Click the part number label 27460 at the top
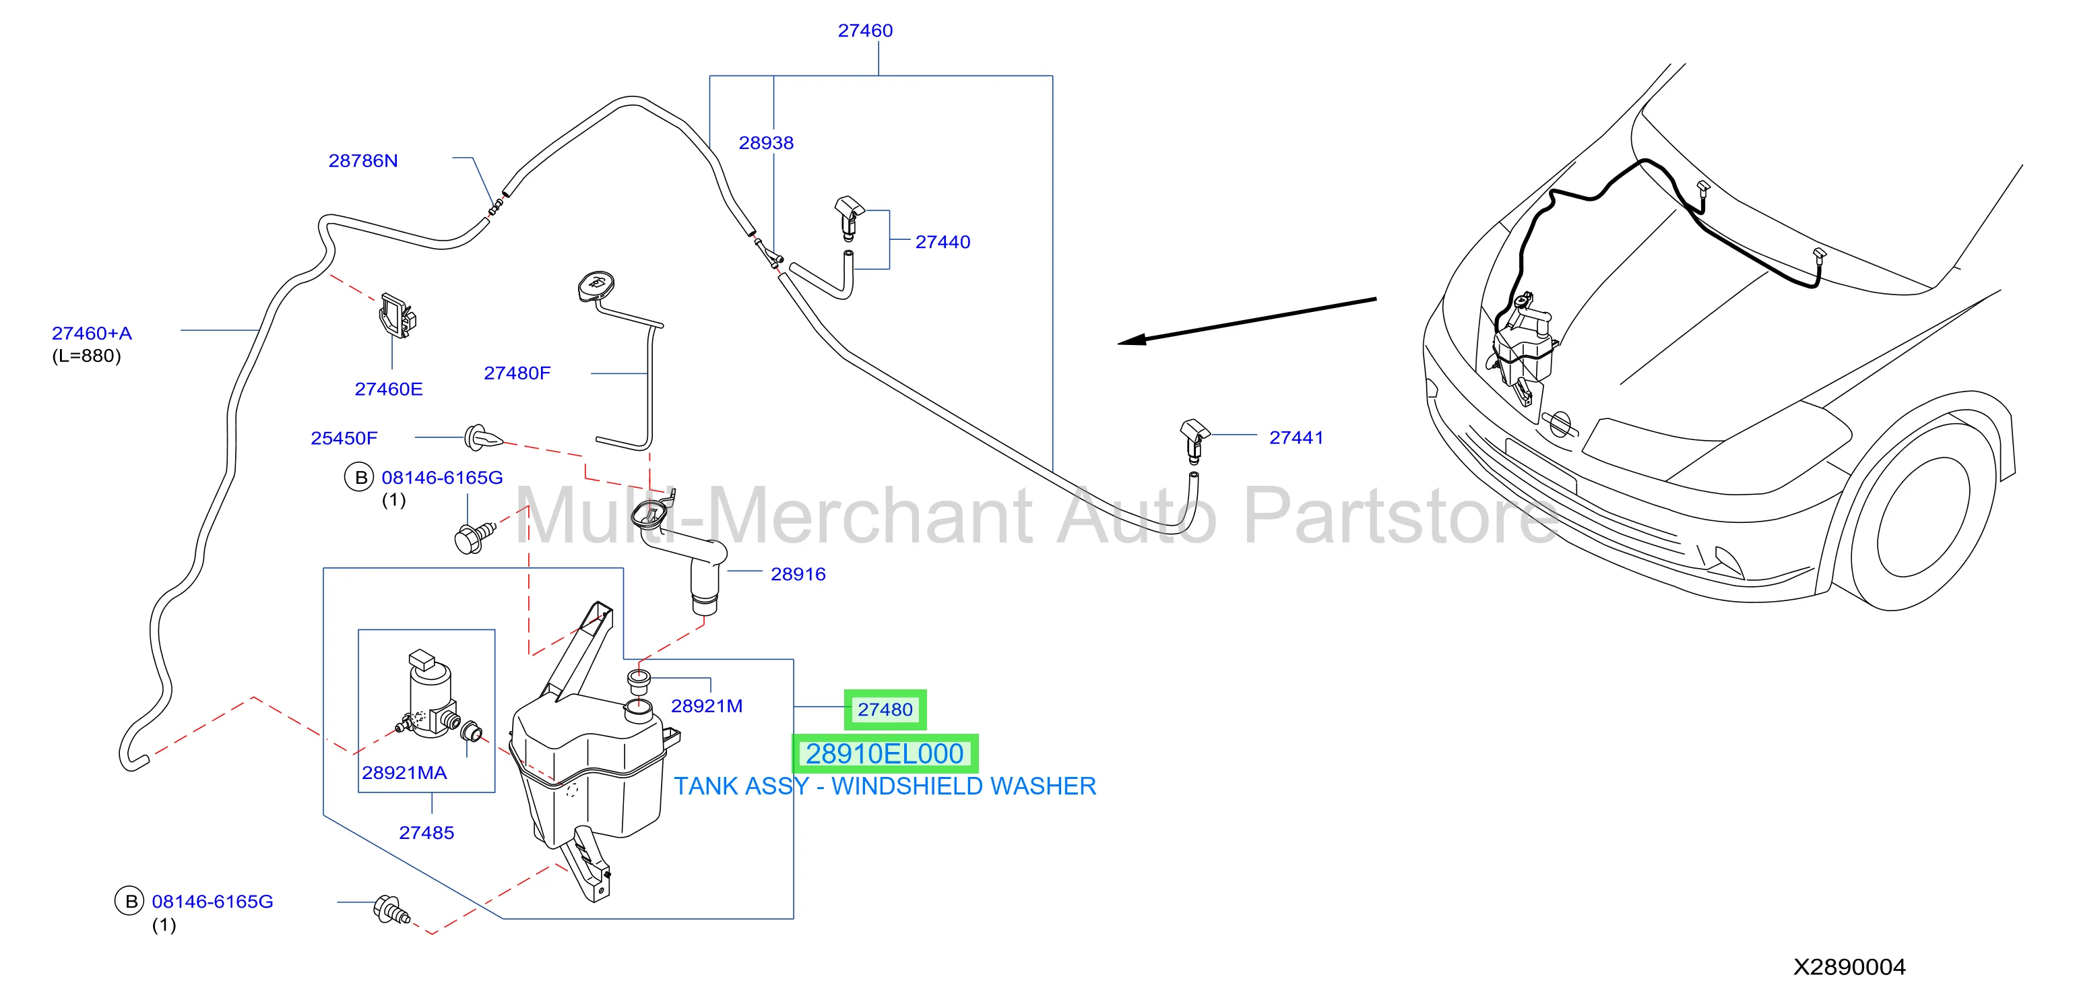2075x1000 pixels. coord(865,30)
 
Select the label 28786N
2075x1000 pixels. coord(363,161)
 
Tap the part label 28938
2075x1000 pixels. coord(766,144)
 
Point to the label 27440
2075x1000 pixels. coord(943,242)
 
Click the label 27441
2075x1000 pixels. coord(1296,437)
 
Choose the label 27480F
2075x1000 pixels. coord(517,373)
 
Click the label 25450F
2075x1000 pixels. coord(344,439)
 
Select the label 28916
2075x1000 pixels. coord(798,575)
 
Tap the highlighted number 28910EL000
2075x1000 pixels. coord(885,754)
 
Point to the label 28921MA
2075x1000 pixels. coord(404,774)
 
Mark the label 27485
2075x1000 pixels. coord(427,833)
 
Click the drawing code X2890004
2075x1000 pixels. coord(1849,967)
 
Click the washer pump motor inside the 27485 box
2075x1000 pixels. coord(431,695)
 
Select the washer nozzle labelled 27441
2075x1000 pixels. coord(1194,440)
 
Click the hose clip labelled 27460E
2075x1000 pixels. coord(398,315)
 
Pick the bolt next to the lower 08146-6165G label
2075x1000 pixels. coord(392,910)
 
